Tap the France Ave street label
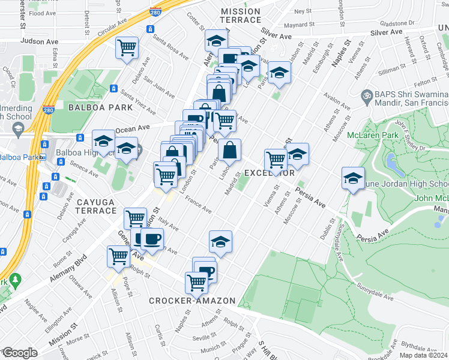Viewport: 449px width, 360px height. [198, 205]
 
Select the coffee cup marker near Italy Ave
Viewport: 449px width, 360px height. [151, 239]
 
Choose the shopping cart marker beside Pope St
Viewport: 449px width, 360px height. [119, 256]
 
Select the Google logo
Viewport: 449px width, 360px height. [19, 353]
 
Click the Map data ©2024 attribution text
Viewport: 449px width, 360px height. [423, 355]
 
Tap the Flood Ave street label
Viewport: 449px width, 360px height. [43, 13]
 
